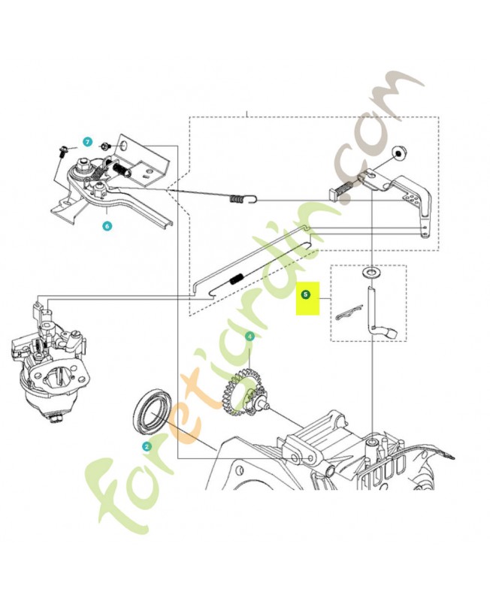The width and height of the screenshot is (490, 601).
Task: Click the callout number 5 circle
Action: [x=305, y=294]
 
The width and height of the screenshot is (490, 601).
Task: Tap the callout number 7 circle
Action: [x=88, y=142]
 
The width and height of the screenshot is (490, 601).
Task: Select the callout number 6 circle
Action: [x=107, y=226]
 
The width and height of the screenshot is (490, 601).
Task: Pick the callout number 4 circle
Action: [x=250, y=337]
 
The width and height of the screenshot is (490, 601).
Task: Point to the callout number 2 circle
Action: [x=147, y=446]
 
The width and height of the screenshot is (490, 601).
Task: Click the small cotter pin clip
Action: [x=349, y=312]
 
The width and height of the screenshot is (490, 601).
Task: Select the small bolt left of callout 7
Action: [x=62, y=151]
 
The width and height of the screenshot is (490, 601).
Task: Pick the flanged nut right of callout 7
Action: [x=105, y=146]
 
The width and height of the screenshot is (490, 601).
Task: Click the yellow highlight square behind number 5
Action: [x=307, y=298]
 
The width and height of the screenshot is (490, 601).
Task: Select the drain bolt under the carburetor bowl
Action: [x=55, y=419]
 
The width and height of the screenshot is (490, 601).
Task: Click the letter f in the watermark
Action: [x=108, y=494]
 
